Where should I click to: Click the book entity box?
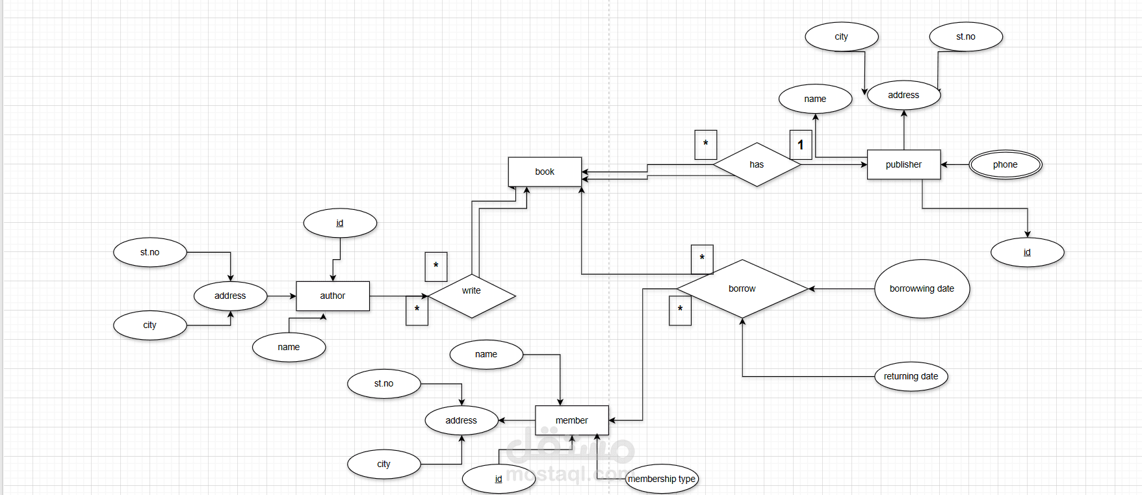tap(545, 171)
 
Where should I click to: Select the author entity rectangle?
tap(332, 296)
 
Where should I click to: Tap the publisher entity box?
tap(903, 164)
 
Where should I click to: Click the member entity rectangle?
tap(571, 420)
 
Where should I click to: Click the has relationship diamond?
tap(757, 164)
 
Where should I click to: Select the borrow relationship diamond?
tap(742, 288)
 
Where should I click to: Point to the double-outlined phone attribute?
tap(1005, 164)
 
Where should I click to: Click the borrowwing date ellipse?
tap(922, 288)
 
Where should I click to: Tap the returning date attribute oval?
tap(911, 376)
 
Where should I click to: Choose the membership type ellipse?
tap(662, 479)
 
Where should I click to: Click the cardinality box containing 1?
tap(801, 145)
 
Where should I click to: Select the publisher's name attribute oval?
tap(815, 99)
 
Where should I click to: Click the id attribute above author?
tap(339, 223)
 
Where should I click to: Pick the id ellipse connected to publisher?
tap(1027, 252)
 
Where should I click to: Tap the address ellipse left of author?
tap(230, 296)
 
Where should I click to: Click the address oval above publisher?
tap(903, 95)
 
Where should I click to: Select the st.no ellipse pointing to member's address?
tap(383, 383)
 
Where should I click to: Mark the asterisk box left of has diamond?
tap(705, 144)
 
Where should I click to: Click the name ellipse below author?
tap(289, 347)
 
